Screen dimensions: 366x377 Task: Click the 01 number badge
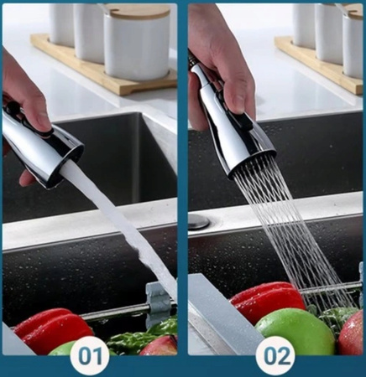tap(90, 356)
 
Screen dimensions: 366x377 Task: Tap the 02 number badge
tap(275, 356)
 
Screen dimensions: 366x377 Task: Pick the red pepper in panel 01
tap(52, 328)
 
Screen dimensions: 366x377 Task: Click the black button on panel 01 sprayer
tap(11, 107)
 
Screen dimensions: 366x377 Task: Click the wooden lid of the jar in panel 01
tap(137, 10)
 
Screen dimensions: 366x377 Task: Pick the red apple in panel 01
tap(159, 346)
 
